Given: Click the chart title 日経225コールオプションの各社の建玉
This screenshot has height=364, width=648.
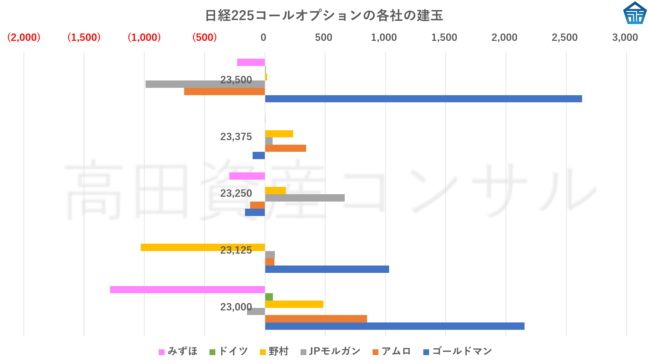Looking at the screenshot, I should pyautogui.click(x=324, y=15).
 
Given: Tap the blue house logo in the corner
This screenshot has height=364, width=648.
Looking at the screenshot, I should pyautogui.click(x=635, y=13).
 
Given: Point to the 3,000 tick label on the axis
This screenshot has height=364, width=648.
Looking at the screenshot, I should pyautogui.click(x=625, y=38).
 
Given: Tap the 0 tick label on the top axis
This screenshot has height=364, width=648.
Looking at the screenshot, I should pyautogui.click(x=264, y=38).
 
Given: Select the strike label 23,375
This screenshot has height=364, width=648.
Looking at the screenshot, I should pyautogui.click(x=236, y=137).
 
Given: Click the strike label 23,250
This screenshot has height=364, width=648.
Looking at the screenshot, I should pyautogui.click(x=236, y=193).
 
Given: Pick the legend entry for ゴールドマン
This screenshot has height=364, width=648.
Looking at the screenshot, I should pyautogui.click(x=458, y=351).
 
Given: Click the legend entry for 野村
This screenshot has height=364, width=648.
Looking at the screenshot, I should pyautogui.click(x=274, y=351).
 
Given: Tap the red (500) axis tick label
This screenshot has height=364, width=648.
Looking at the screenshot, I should pyautogui.click(x=204, y=38).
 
